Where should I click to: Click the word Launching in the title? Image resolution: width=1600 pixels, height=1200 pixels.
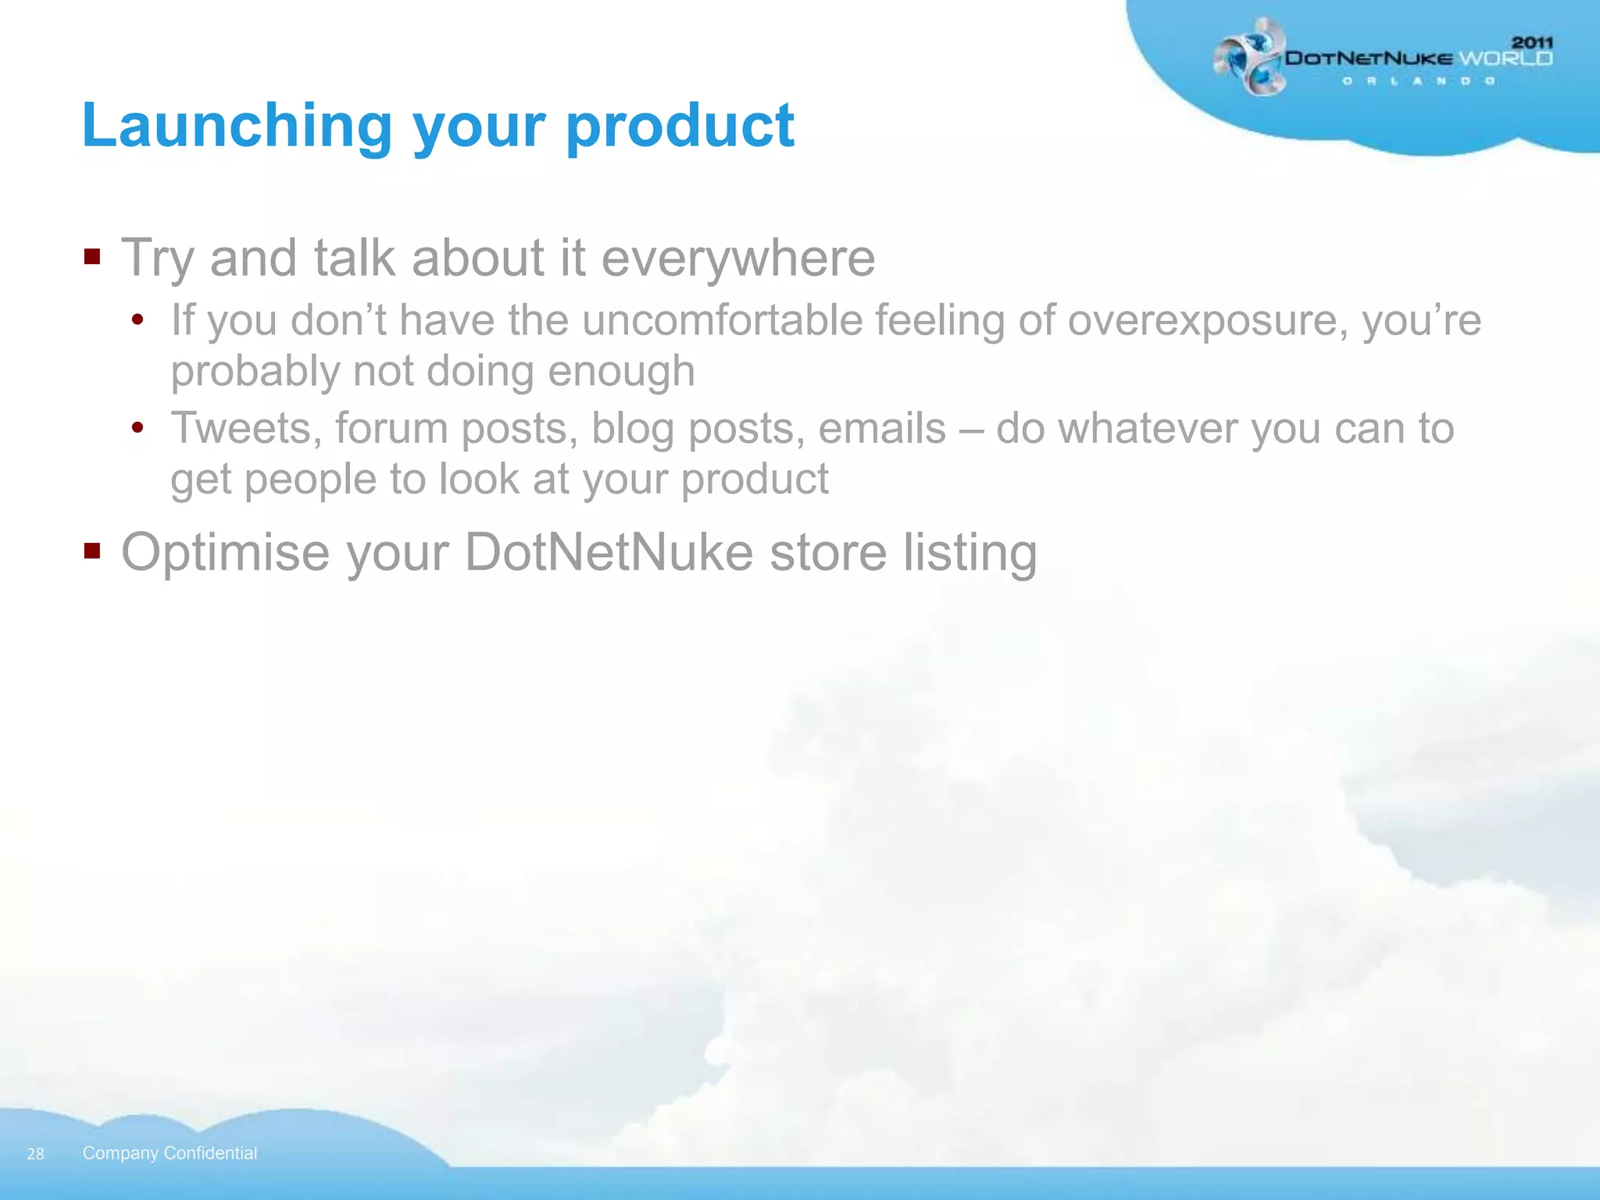236,125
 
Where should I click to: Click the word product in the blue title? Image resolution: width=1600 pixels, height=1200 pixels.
679,125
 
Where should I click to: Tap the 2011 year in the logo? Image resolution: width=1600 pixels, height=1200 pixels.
1532,42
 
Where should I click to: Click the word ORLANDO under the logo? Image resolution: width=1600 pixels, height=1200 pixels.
1419,81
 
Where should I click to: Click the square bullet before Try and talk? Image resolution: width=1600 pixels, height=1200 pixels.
92,256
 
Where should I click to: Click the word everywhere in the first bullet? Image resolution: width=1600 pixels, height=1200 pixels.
737,258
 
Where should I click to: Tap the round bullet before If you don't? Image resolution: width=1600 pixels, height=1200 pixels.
138,320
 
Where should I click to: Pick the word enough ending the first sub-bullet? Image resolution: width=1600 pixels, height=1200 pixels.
620,370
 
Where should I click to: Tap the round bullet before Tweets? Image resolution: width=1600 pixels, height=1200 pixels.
138,427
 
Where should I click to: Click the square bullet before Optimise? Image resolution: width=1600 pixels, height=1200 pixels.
92,552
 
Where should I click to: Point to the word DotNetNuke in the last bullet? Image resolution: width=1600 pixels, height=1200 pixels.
609,552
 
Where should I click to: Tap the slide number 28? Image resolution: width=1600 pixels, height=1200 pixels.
36,1154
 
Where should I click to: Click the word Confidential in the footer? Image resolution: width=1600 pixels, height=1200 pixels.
210,1153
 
